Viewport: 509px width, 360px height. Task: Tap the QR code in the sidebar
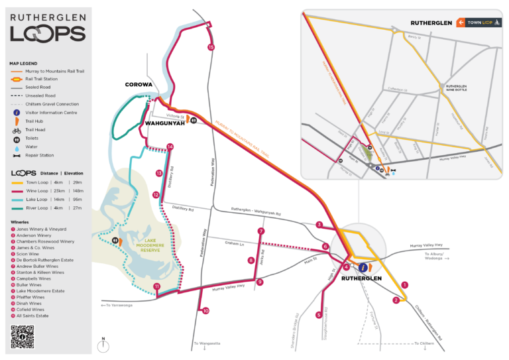pos(23,336)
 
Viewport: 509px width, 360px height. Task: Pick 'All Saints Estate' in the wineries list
pos(30,315)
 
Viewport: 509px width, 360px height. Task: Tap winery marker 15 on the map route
pos(211,47)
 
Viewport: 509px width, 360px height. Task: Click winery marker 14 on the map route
pos(170,146)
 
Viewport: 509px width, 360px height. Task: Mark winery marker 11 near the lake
pos(156,286)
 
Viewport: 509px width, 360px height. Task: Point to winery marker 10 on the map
pos(205,310)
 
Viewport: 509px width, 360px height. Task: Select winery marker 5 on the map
pos(318,315)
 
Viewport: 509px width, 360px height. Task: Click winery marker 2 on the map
pos(396,300)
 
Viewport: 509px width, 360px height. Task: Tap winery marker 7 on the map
pos(261,231)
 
